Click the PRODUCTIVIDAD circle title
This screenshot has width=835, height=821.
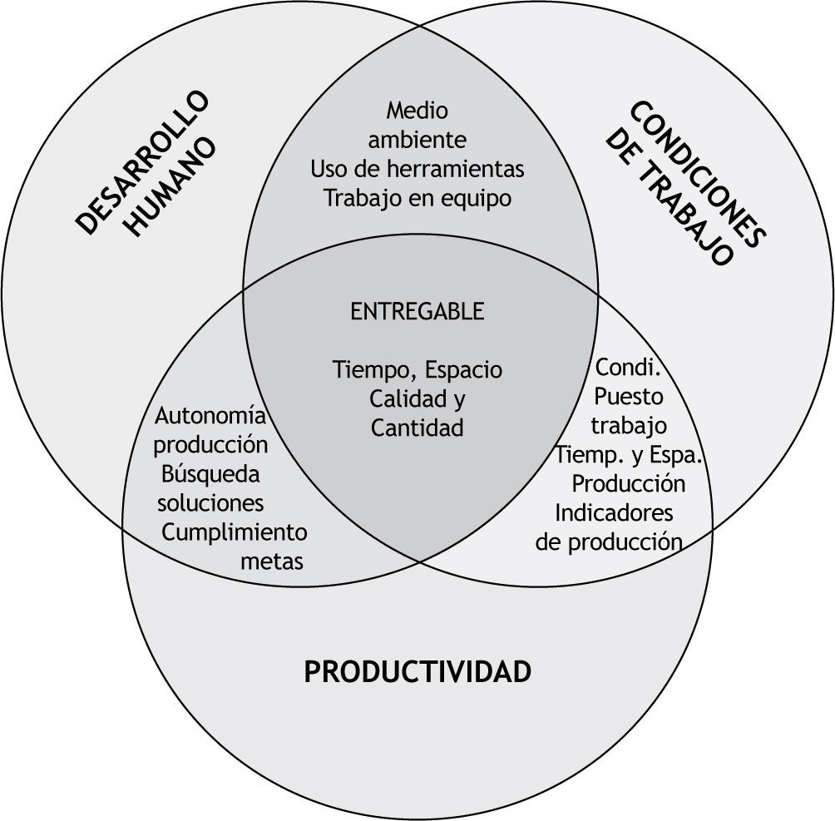point(417,671)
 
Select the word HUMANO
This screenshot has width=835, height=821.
point(174,189)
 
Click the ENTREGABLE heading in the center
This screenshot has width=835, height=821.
point(417,311)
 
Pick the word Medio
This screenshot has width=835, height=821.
point(417,110)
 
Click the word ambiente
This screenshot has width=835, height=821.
point(417,139)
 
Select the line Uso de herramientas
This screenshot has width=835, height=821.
point(417,169)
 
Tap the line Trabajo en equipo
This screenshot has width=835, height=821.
point(417,199)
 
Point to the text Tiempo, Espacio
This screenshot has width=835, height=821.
point(417,368)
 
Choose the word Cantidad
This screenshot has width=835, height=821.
point(417,428)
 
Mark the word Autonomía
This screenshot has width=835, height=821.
point(211,415)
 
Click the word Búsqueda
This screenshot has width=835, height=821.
point(211,474)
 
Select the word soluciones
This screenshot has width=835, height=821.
point(211,503)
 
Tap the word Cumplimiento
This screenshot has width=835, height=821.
point(235,532)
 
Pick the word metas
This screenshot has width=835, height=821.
point(272,561)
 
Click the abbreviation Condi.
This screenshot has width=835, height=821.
point(628,367)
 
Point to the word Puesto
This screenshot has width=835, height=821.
point(630,396)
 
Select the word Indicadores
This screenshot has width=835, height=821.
point(614,512)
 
